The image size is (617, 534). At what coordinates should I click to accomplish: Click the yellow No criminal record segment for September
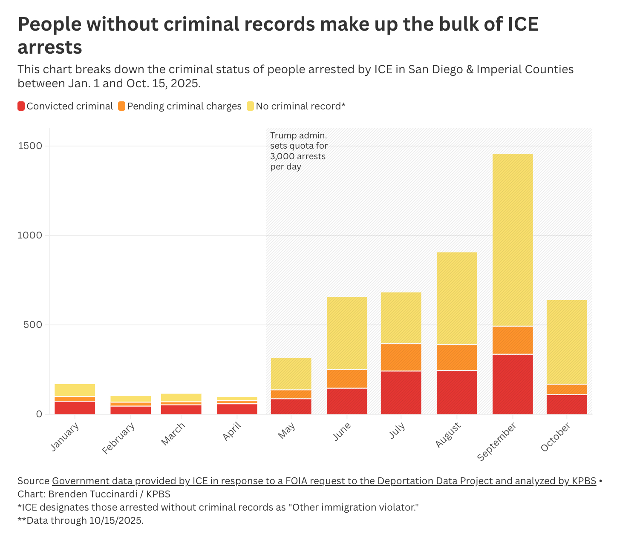click(x=513, y=240)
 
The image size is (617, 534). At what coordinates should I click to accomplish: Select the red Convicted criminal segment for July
click(x=401, y=393)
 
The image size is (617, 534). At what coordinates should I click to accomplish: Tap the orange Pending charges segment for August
click(x=457, y=357)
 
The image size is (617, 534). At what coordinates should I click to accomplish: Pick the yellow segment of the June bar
click(x=347, y=333)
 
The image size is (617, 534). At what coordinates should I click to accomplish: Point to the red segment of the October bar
click(x=567, y=405)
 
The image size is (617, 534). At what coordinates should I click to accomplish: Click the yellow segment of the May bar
click(x=291, y=374)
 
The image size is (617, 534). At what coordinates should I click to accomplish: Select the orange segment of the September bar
click(x=513, y=340)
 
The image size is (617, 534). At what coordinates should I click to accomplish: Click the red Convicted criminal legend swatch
click(x=21, y=106)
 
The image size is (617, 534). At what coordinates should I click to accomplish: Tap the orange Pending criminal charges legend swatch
click(x=121, y=106)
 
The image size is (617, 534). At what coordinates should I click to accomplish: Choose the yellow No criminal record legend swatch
click(x=250, y=106)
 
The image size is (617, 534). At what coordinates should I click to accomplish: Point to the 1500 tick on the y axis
click(x=31, y=146)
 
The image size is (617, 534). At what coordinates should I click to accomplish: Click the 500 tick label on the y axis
click(x=34, y=325)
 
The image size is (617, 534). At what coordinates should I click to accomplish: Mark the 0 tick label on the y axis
click(x=39, y=414)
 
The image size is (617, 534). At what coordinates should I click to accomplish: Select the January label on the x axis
click(x=65, y=436)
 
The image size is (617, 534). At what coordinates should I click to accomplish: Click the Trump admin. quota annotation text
click(x=299, y=151)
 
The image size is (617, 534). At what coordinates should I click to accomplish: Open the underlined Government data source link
click(x=324, y=481)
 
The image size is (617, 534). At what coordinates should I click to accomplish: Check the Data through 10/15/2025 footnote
click(x=81, y=520)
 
